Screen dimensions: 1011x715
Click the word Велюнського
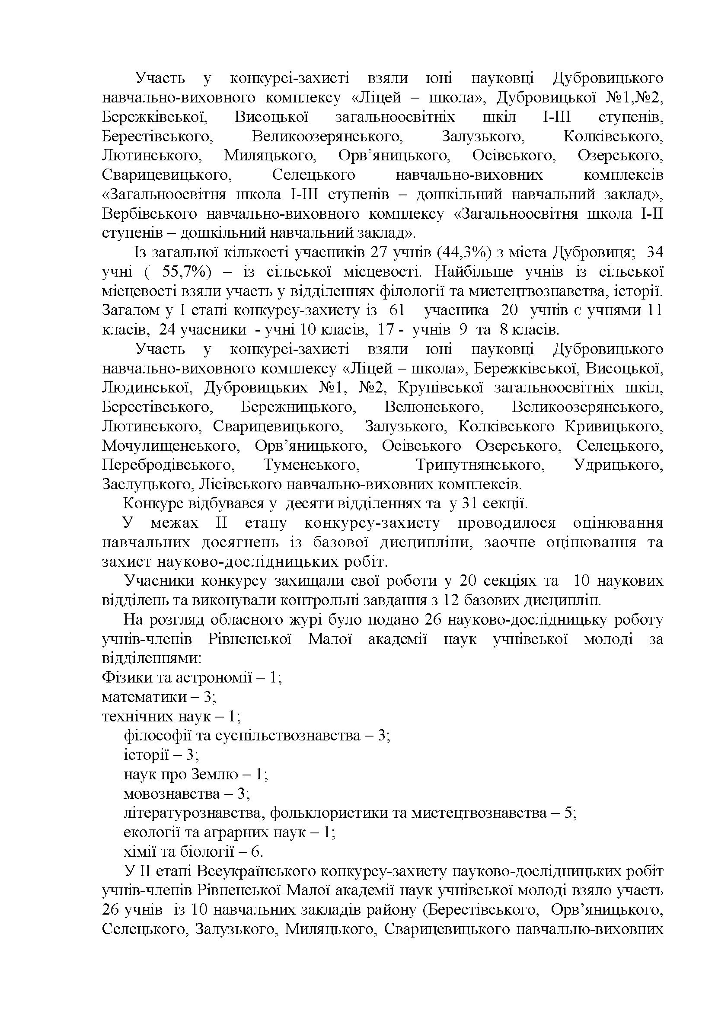434,407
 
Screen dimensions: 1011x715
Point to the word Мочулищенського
171,446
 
